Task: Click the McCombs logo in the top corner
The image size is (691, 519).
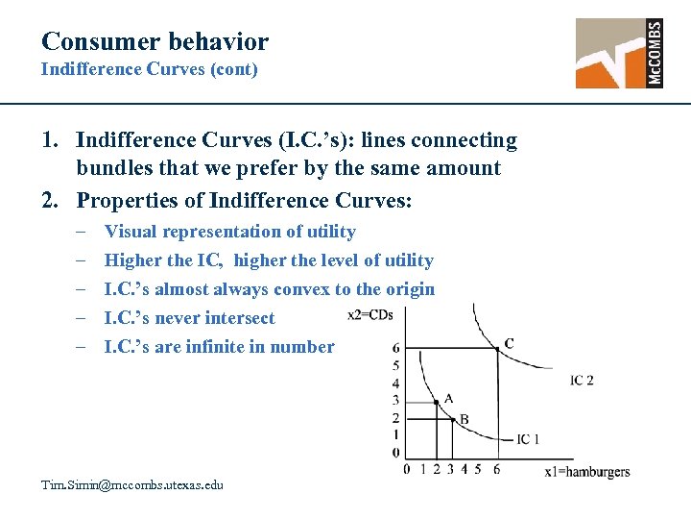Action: tap(619, 53)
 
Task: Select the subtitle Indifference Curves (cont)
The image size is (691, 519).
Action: tap(149, 70)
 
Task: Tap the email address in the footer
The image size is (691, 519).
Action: tap(131, 485)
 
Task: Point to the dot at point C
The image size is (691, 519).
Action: tap(497, 347)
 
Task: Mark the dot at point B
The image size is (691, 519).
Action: tap(452, 417)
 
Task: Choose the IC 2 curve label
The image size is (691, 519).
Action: tap(582, 381)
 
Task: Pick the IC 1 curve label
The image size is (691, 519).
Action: tap(528, 439)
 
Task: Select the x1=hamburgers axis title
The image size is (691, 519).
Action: tap(587, 471)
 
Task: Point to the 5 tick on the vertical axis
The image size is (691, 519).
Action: tap(395, 365)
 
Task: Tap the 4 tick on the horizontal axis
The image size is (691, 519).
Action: tap(465, 469)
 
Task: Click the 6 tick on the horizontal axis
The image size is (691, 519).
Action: tap(496, 469)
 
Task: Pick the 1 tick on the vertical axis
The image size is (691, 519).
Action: tap(395, 435)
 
